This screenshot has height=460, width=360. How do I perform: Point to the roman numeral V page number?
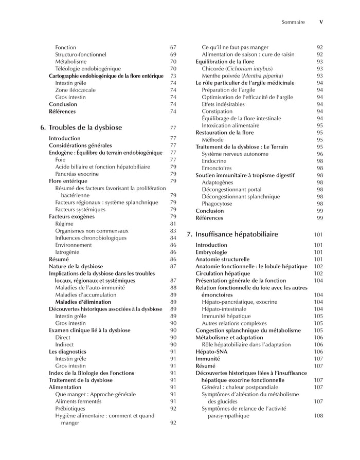[x=321, y=22]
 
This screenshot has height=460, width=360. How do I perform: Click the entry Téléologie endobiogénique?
[x=88, y=68]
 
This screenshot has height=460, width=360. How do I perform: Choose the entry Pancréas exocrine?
[x=77, y=174]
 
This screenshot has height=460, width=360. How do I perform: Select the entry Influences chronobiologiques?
[x=91, y=238]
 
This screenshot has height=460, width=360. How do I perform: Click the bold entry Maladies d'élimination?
[x=83, y=302]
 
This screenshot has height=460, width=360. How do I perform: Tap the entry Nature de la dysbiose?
[x=76, y=266]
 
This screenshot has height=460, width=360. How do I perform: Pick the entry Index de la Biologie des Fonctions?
[x=92, y=373]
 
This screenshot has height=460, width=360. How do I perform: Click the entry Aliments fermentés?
[x=78, y=401]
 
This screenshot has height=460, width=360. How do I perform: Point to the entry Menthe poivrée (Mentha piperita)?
[x=236, y=76]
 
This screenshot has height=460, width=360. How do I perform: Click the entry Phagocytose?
[x=217, y=204]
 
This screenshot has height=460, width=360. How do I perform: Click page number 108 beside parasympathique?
[x=318, y=416]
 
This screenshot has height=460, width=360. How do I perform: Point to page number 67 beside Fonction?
[x=173, y=47]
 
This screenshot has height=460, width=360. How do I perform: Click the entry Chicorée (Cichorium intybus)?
[x=237, y=68]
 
